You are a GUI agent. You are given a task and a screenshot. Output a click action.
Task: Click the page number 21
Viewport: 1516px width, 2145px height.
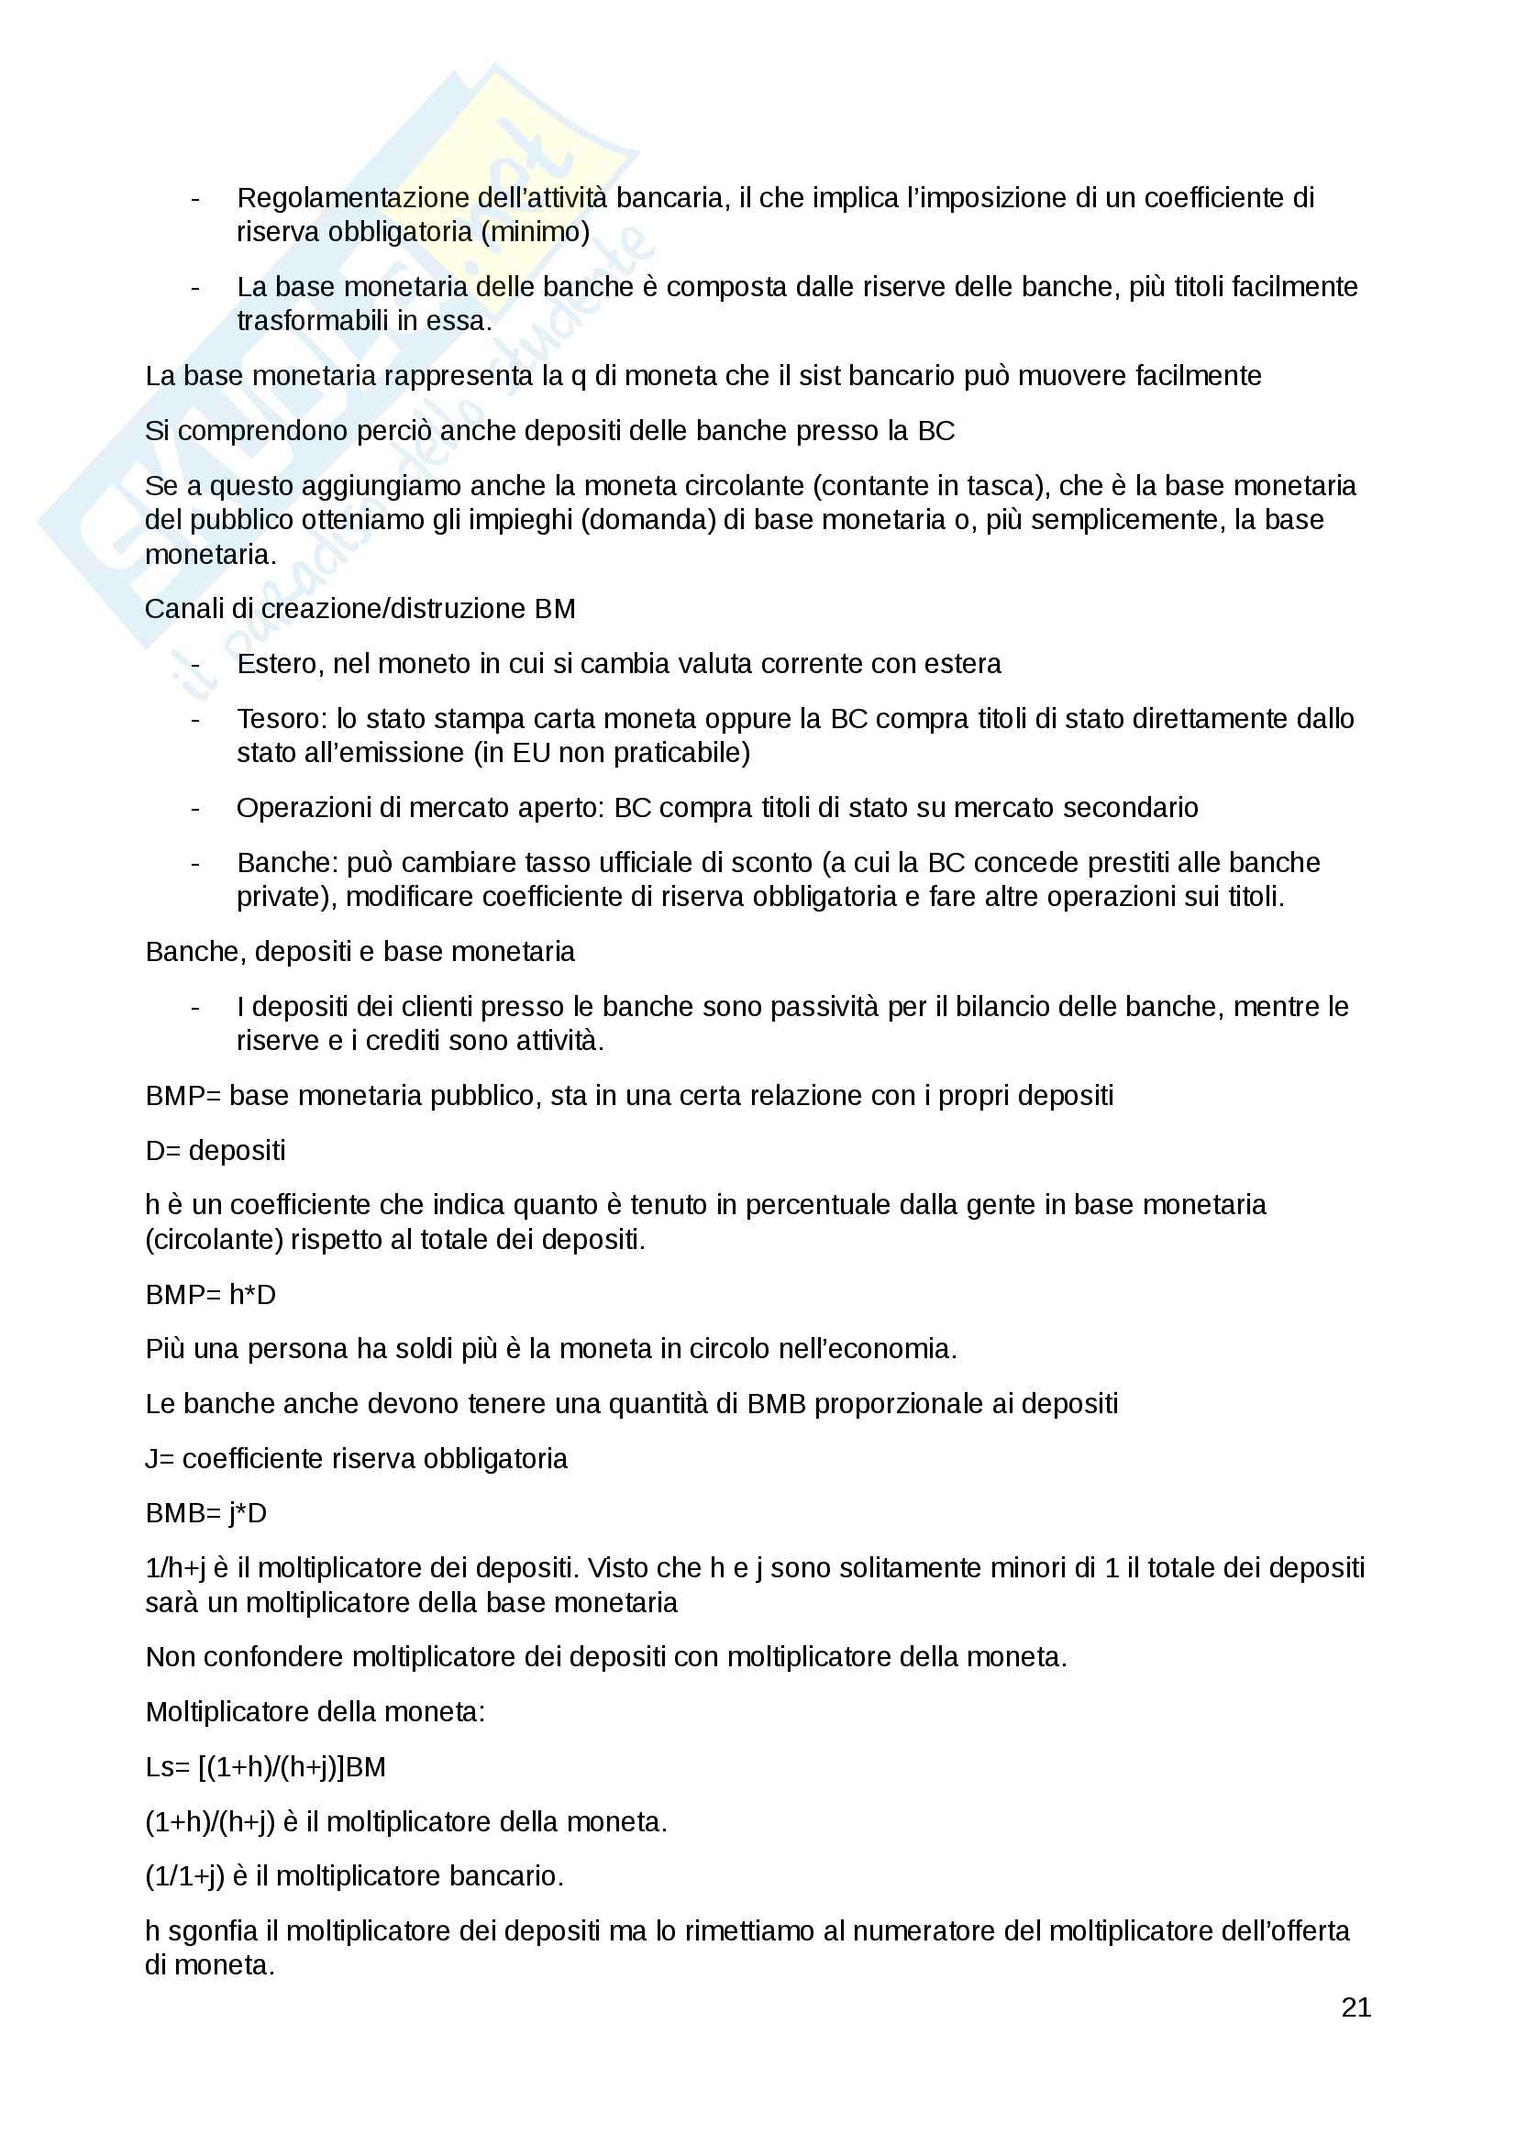(x=1356, y=2007)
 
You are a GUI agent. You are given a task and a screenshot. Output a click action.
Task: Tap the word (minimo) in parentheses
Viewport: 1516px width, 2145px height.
(x=535, y=232)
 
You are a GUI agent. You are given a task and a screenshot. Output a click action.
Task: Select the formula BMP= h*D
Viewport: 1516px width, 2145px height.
(x=210, y=1294)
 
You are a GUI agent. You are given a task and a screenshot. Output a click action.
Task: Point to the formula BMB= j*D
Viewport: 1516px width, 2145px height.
(x=205, y=1512)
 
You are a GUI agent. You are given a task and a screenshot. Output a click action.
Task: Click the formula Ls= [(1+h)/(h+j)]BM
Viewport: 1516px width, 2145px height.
(x=265, y=1766)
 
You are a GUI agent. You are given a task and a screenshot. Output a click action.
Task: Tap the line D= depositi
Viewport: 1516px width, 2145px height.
(x=215, y=1150)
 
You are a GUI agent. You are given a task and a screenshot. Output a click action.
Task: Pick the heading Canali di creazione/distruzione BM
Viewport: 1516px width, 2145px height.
(x=360, y=608)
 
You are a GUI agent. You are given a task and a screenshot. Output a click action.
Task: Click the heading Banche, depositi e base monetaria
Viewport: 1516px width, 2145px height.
(x=360, y=951)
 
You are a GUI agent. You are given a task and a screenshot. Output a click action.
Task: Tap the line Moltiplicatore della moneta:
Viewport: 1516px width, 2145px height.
(x=315, y=1711)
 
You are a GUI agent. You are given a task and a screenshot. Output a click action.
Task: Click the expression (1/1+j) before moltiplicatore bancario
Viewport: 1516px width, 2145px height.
(x=185, y=1876)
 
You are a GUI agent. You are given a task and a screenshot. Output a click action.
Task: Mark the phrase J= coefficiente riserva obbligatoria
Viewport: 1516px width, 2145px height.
(x=356, y=1458)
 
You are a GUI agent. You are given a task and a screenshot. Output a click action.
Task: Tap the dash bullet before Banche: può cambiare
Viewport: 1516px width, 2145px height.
(x=194, y=863)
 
